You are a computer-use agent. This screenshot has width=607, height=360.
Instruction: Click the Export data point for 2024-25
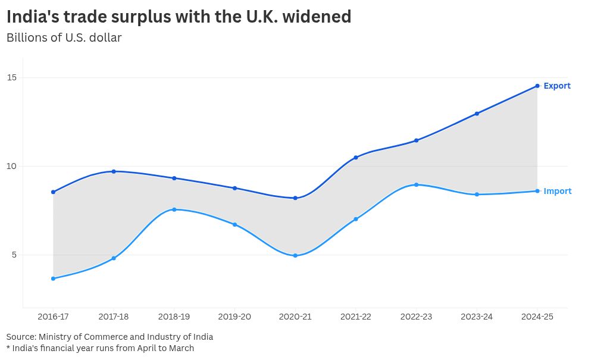[x=537, y=86]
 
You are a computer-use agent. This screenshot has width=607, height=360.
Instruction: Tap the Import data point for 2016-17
[x=53, y=278]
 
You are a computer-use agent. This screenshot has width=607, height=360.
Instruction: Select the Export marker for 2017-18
[x=114, y=171]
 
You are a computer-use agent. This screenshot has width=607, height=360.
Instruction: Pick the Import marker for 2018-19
[x=174, y=209]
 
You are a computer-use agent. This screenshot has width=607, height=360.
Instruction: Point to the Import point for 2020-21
[x=295, y=255]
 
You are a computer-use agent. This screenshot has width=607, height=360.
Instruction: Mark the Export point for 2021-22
[x=356, y=158]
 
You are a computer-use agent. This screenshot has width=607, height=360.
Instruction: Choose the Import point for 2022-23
[x=417, y=184]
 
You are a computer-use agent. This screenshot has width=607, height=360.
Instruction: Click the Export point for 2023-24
[x=477, y=114]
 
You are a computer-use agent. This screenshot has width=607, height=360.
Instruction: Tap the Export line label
[x=557, y=86]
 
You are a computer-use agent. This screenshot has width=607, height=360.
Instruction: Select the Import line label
[x=558, y=191]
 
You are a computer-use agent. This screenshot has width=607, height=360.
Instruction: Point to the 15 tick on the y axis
[x=12, y=77]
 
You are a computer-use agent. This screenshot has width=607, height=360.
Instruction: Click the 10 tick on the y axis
[x=12, y=166]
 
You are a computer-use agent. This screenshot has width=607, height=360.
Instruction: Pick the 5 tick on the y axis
[x=14, y=255]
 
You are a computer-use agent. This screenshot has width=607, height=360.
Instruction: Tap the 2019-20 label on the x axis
[x=234, y=317]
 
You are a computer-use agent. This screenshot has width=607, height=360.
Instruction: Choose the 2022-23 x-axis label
[x=417, y=317]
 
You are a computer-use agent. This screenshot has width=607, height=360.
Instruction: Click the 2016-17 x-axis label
[x=53, y=317]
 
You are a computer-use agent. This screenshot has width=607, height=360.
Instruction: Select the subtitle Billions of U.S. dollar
[x=64, y=37]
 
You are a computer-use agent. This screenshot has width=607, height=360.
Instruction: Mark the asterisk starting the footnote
[x=8, y=348]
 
